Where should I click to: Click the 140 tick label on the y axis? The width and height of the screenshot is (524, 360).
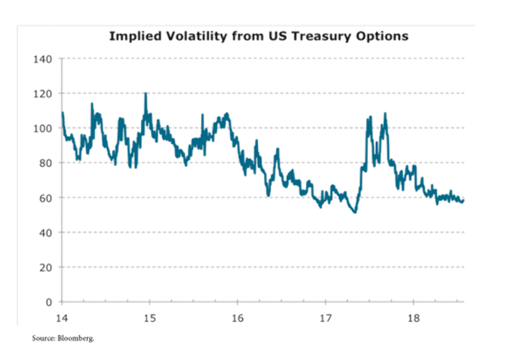[43, 59]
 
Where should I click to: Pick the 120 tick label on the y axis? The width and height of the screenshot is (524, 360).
[43, 94]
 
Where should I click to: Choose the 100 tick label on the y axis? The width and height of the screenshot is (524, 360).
[43, 128]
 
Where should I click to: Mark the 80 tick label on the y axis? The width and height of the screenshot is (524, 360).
[45, 163]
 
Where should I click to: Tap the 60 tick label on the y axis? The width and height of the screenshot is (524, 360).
[45, 198]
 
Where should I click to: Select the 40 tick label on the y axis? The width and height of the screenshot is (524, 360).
[45, 232]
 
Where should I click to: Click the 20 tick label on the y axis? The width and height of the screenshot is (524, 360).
[45, 267]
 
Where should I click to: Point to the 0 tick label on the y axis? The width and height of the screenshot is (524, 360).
[48, 302]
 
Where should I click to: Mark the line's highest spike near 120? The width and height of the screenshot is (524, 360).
[145, 93]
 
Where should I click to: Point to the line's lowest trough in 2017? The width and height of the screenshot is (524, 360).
[354, 212]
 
